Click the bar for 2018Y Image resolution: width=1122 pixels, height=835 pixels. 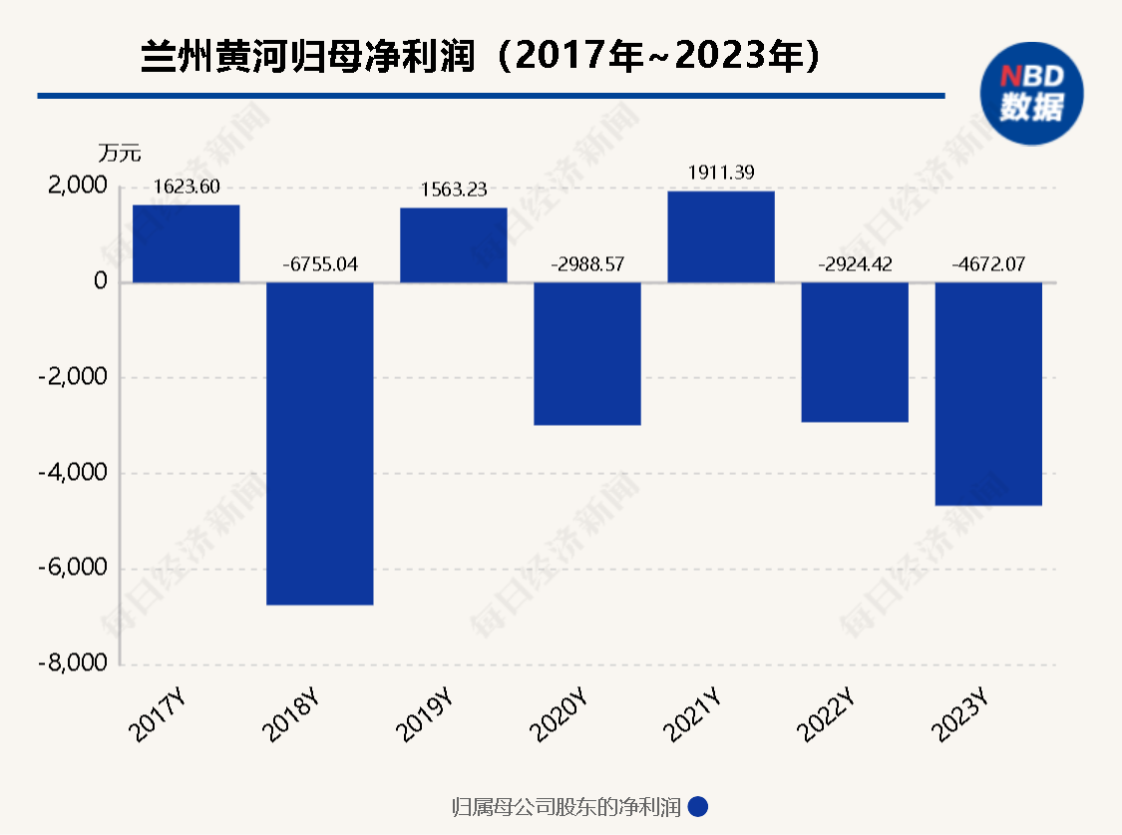[x=319, y=443]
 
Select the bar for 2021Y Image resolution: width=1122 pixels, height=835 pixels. [x=720, y=236]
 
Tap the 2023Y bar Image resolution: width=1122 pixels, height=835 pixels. [x=987, y=393]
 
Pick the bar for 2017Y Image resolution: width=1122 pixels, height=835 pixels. [x=186, y=243]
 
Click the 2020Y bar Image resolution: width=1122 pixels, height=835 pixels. [x=586, y=353]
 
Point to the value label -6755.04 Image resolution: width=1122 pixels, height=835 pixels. [x=319, y=265]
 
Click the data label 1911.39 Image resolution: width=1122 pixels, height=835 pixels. [x=721, y=173]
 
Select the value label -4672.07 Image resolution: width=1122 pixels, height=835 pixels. [x=987, y=265]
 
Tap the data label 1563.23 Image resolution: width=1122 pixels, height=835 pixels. [x=454, y=191]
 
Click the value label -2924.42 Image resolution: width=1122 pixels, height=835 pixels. [x=854, y=265]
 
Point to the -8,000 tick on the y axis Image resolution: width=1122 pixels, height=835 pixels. [x=73, y=664]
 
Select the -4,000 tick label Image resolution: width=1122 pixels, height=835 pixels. [x=73, y=473]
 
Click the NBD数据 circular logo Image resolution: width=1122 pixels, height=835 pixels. [x=1032, y=91]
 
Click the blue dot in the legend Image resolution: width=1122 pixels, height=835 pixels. [x=698, y=807]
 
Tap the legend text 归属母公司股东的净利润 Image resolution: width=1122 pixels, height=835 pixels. [x=565, y=807]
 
